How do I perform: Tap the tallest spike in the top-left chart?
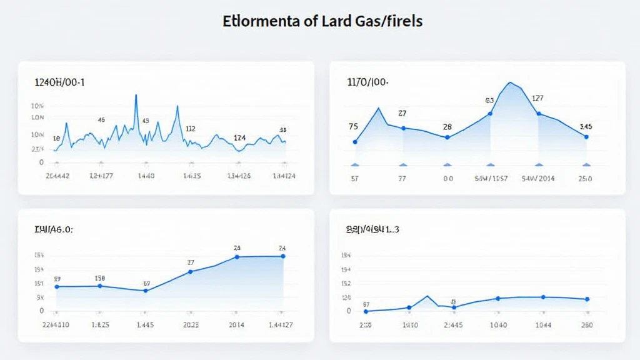[136, 96]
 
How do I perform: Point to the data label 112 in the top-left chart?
[190, 129]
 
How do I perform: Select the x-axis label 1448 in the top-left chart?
[146, 176]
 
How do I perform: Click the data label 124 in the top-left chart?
[239, 137]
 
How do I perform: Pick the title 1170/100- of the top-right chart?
[367, 82]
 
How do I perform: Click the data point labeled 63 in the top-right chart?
[490, 113]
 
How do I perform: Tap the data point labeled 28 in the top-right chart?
[447, 137]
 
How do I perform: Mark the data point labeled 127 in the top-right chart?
[538, 113]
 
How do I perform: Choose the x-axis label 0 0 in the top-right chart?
[447, 178]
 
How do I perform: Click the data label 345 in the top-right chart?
[586, 126]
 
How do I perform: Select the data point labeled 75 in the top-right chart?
[355, 142]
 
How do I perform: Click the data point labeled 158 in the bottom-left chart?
[100, 286]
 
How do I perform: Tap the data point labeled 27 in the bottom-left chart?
[191, 271]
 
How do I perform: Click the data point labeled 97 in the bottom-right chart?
[366, 311]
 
